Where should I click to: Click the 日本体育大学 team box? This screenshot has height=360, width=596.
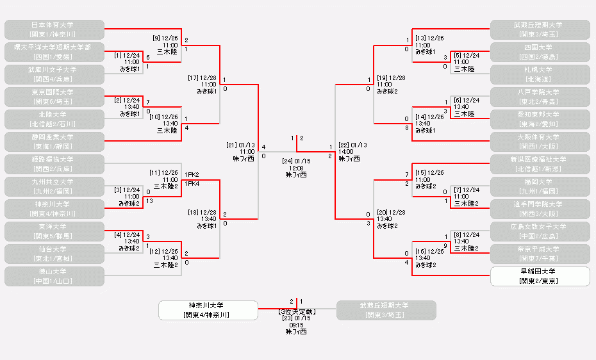[x=54, y=29]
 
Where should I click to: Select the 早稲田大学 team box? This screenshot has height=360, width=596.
[x=540, y=276]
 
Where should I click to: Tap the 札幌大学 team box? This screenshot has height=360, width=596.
[x=540, y=74]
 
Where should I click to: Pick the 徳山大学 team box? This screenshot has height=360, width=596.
[x=54, y=276]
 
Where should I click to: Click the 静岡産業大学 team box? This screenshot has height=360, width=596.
[x=54, y=142]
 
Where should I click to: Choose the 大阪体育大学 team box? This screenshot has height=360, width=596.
[x=540, y=142]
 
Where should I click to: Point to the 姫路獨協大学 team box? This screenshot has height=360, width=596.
[x=54, y=164]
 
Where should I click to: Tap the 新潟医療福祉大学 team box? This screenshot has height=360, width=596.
[x=540, y=164]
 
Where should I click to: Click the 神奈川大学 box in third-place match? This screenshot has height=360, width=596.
[x=208, y=310]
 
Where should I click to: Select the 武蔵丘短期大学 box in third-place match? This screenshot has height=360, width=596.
[x=386, y=310]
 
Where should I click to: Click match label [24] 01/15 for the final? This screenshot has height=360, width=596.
[x=296, y=161]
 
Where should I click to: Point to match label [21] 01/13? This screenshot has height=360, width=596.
[x=240, y=145]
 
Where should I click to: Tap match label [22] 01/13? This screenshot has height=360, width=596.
[x=352, y=145]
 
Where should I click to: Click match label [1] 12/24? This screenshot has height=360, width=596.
[x=127, y=55]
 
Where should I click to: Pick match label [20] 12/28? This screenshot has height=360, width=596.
[x=391, y=211]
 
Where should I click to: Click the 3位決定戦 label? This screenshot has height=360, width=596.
[x=296, y=311]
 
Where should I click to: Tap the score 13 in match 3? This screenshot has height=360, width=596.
[x=149, y=201]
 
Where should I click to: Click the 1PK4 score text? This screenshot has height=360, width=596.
[x=192, y=184]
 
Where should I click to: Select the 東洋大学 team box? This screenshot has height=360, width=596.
[x=54, y=231]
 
